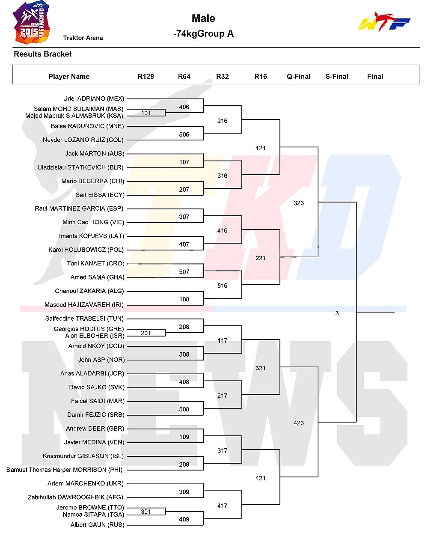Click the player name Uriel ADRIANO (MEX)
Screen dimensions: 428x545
94,98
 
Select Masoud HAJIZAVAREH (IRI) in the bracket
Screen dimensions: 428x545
84,305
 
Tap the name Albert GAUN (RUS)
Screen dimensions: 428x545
97,525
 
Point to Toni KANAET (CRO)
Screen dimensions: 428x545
95,263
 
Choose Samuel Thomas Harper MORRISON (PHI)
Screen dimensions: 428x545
65,470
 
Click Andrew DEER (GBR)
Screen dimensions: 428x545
95,429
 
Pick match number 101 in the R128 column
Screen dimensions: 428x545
146,113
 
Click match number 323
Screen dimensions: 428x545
299,203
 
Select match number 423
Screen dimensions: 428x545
299,423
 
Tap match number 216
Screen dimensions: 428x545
223,121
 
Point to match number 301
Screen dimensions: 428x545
146,512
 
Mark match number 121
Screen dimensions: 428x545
261,148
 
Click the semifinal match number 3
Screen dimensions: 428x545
337,313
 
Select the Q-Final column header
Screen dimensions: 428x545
299,77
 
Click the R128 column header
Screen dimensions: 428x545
146,77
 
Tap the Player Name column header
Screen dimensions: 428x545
69,77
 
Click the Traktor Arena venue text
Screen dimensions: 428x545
83,38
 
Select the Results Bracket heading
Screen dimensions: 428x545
43,54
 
